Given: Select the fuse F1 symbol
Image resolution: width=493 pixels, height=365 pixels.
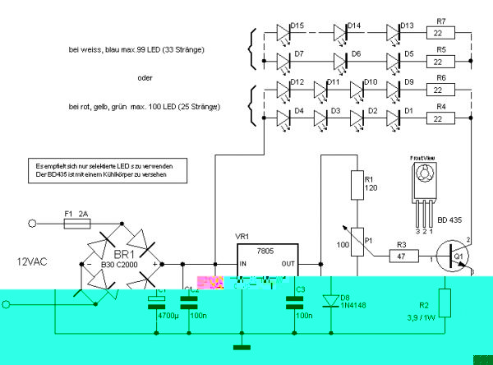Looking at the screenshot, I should (x=78, y=223).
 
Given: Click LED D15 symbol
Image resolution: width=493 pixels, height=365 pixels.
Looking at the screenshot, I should (x=283, y=35).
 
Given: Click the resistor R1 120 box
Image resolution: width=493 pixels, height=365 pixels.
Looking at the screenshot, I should (x=357, y=186).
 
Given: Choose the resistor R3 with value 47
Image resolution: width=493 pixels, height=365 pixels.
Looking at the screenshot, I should (x=403, y=256).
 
